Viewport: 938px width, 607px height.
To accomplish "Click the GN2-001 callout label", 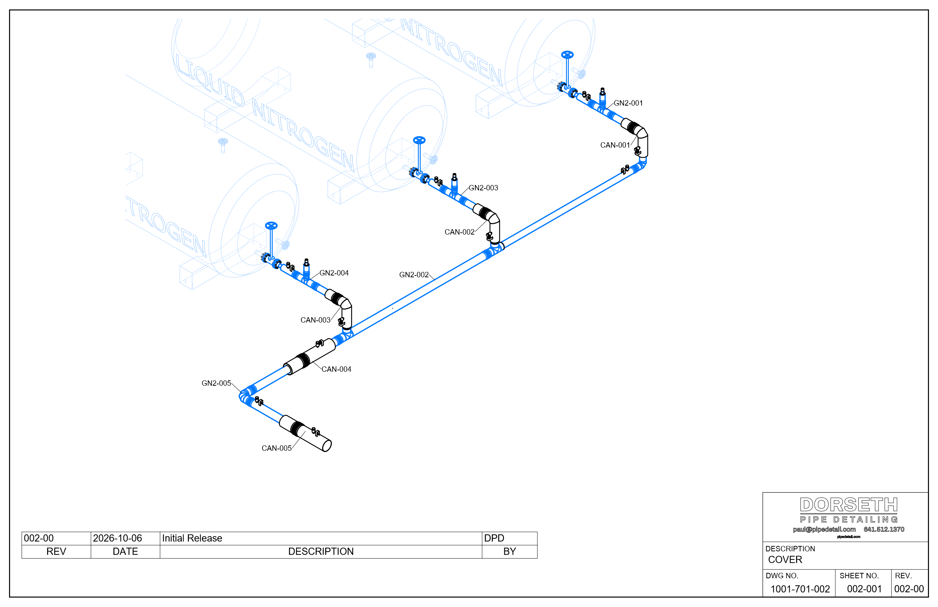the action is pyautogui.click(x=628, y=103).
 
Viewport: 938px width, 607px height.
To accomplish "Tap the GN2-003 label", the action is pyautogui.click(x=483, y=188).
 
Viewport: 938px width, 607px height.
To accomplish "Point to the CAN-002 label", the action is pyautogui.click(x=459, y=232).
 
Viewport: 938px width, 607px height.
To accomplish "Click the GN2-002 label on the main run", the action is pyautogui.click(x=414, y=275).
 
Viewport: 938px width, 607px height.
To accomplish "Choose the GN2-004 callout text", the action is pyautogui.click(x=334, y=273).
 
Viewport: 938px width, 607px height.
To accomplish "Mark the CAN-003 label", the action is pyautogui.click(x=315, y=320).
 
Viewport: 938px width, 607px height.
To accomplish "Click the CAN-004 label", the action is pyautogui.click(x=336, y=369).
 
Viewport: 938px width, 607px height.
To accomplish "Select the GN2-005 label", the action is pyautogui.click(x=216, y=384).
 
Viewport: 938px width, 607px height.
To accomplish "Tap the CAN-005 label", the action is pyautogui.click(x=277, y=449).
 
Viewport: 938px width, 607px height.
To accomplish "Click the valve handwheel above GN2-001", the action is pyautogui.click(x=567, y=54).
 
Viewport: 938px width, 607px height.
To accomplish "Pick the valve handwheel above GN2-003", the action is pyautogui.click(x=419, y=140).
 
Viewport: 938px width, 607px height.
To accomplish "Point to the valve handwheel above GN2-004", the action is pyautogui.click(x=271, y=226).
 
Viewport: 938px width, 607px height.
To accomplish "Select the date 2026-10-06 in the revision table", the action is pyautogui.click(x=117, y=538).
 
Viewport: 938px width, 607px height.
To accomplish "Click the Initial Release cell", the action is pyautogui.click(x=192, y=538).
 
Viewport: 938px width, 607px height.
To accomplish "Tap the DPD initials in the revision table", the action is pyautogui.click(x=494, y=538).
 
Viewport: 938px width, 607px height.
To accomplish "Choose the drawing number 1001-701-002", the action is pyautogui.click(x=800, y=589).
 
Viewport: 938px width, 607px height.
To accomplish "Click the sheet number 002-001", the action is pyautogui.click(x=864, y=589).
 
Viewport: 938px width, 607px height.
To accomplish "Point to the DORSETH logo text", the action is pyautogui.click(x=849, y=505).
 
